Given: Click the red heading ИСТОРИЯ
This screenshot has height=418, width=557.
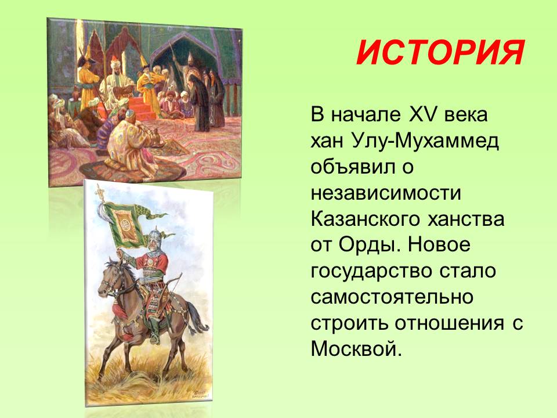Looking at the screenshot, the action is point(440,53).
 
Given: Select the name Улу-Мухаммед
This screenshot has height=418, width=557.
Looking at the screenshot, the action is point(426,141).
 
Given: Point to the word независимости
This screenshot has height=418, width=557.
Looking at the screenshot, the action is point(386,193).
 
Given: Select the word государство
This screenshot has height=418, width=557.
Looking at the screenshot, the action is point(371,272).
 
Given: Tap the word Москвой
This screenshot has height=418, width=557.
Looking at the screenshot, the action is point(356,349).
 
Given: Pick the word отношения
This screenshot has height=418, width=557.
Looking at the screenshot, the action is point(449,324).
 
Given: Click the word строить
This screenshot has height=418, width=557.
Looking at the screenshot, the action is point(349,324).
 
